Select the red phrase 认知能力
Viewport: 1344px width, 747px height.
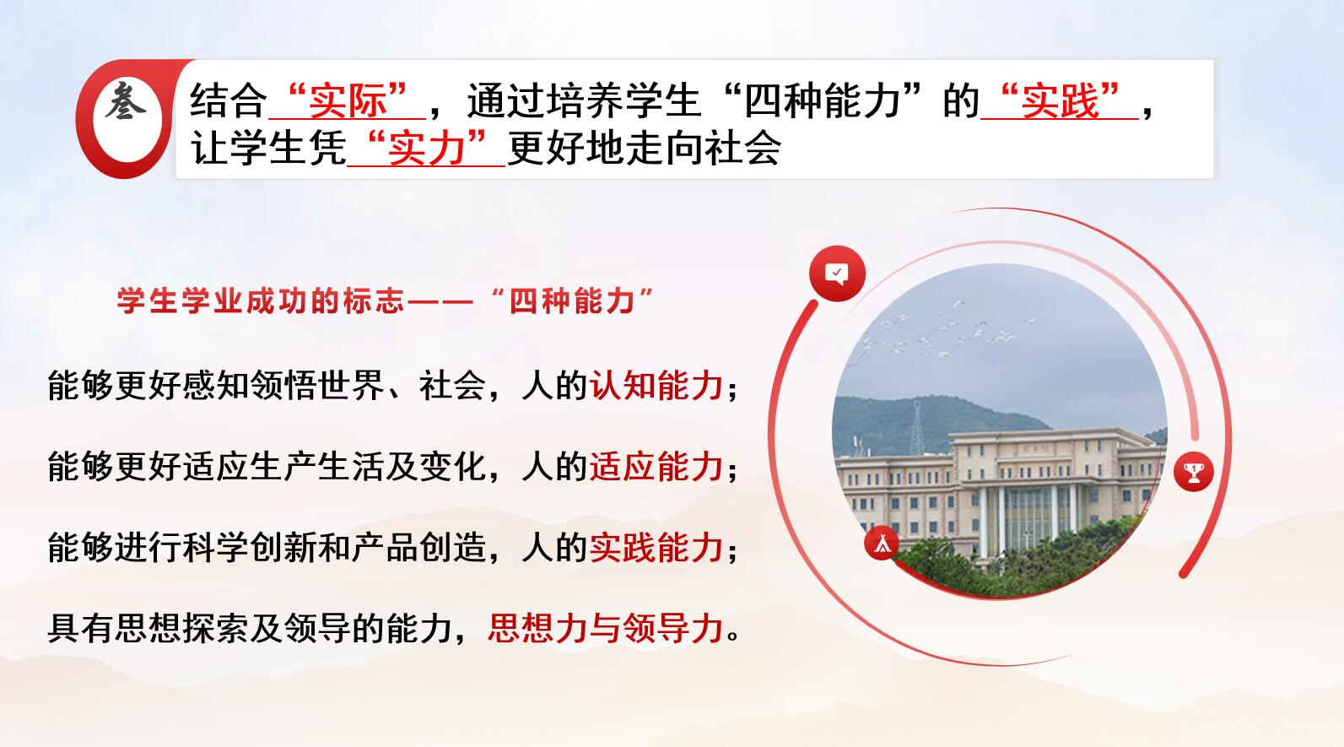[656, 385]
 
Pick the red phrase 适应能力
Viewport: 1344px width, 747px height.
[656, 467]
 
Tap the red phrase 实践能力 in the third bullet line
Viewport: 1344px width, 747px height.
[656, 548]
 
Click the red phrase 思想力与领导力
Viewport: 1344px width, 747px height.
[606, 629]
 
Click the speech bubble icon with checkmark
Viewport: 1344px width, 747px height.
[837, 273]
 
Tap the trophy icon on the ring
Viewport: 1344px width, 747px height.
[1193, 471]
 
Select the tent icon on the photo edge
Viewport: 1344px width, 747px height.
[882, 543]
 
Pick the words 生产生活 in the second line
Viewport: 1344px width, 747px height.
[317, 467]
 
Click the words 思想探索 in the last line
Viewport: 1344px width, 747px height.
[182, 629]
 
